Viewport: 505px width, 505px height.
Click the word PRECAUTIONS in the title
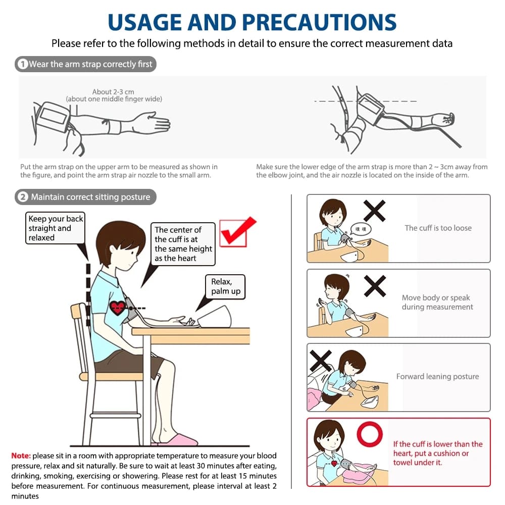(x=319, y=22)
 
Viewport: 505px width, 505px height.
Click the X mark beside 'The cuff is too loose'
(x=374, y=211)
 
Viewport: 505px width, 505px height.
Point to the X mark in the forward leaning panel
(x=320, y=361)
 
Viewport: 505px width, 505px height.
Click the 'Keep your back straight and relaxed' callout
(x=56, y=228)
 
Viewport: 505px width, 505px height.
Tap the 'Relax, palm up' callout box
(x=225, y=287)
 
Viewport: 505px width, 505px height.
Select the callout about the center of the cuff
(x=183, y=244)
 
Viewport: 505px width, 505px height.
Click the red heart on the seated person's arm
(x=118, y=307)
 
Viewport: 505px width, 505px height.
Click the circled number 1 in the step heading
(x=22, y=65)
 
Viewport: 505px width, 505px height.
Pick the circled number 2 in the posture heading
(x=23, y=197)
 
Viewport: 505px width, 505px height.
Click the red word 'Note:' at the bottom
(x=21, y=456)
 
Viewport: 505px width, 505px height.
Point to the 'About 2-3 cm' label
(x=113, y=92)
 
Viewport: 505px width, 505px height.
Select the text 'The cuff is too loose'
(x=438, y=228)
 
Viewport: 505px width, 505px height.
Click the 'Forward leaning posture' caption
(x=437, y=376)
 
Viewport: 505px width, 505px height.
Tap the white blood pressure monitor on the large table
(x=214, y=316)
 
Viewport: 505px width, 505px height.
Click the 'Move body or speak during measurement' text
(x=437, y=302)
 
